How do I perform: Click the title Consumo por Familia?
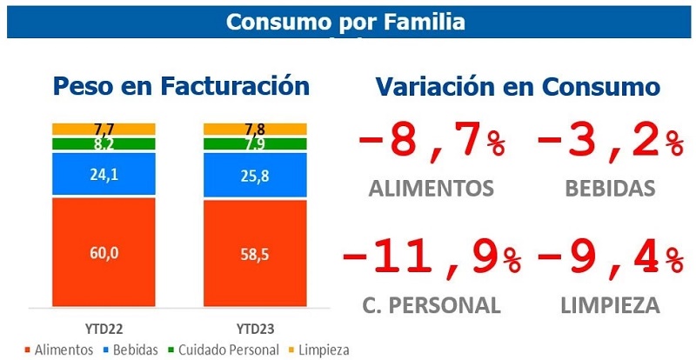coord(345,21)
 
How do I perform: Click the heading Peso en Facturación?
coord(181,86)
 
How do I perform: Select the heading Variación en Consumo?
coord(518,86)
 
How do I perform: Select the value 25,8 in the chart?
coord(255,177)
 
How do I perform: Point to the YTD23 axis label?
coord(254,330)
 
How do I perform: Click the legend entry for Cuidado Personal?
coord(226,350)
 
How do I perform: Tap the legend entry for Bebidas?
coord(134,350)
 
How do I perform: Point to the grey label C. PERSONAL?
coord(430,305)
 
